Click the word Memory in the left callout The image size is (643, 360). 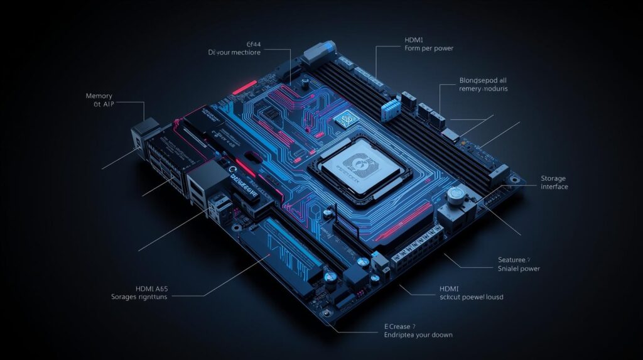tap(99, 96)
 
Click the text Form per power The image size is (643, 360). tap(429, 48)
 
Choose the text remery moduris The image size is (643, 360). tap(483, 90)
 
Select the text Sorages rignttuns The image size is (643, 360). tap(139, 297)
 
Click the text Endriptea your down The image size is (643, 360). tap(419, 335)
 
